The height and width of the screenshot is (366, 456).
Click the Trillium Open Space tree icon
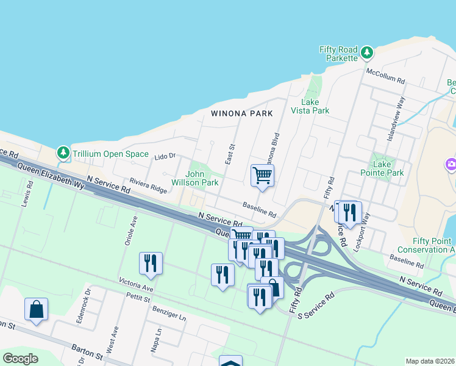pyautogui.click(x=63, y=152)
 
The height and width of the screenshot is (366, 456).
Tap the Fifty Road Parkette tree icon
pyautogui.click(x=367, y=53)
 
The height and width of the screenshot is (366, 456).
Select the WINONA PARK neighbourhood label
pyautogui.click(x=241, y=113)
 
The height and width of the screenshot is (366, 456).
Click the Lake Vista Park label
pyautogui.click(x=315, y=106)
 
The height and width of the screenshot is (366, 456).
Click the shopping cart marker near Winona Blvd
pyautogui.click(x=262, y=176)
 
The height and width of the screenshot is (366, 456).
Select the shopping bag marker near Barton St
pyautogui.click(x=37, y=309)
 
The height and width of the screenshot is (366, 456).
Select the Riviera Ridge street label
pyautogui.click(x=148, y=186)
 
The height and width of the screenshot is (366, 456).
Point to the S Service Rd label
pyautogui.click(x=316, y=305)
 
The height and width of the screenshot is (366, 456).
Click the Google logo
pyautogui.click(x=20, y=359)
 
